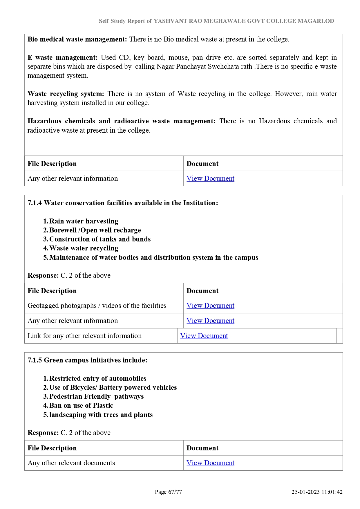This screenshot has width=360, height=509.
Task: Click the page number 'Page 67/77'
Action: coord(168,492)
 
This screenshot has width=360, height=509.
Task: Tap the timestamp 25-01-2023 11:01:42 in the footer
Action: coord(317,492)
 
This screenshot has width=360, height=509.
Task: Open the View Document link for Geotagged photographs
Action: coord(210,306)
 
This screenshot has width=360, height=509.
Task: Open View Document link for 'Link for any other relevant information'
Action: coord(204,336)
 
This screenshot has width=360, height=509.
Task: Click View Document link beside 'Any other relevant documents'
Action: coord(210,463)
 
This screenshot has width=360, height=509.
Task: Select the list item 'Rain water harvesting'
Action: coord(84,221)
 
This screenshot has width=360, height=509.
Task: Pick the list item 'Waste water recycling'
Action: coord(84,248)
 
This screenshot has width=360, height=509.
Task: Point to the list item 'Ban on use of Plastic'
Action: coord(81,405)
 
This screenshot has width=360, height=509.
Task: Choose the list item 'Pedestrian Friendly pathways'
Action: coord(96,396)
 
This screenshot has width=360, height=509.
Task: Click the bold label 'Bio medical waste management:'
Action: coord(77,39)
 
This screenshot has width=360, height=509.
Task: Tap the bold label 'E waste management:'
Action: coord(63,57)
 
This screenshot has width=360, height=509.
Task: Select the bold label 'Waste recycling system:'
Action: coord(66,94)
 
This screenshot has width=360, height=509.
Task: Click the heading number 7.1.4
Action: coord(35,203)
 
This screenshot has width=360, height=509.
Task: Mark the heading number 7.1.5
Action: coord(35,360)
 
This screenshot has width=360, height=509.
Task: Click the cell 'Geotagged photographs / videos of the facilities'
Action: coord(97,306)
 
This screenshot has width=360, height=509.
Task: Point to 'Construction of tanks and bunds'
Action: coord(100,239)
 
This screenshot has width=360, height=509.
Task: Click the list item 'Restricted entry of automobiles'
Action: coord(98,378)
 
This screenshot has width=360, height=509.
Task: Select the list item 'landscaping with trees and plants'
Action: coord(101,415)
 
